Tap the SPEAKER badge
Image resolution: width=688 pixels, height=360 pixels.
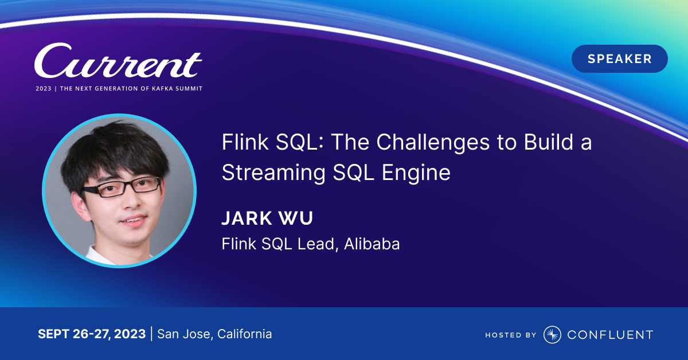coord(620,58)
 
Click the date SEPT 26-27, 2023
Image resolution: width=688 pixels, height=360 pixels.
coord(92,334)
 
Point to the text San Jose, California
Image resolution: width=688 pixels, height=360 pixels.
coord(214,334)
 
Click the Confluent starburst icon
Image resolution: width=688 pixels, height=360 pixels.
coord(552,335)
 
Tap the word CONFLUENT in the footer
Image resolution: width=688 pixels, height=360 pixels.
coord(610,335)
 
